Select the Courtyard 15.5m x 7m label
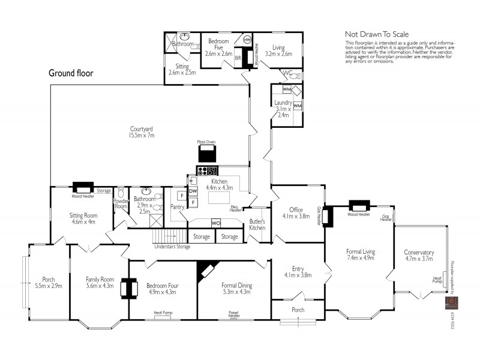click(x=142, y=132)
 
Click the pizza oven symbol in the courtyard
click(x=206, y=151)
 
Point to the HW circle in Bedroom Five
click(x=247, y=40)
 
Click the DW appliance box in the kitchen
click(x=193, y=191)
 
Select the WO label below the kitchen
click(x=216, y=223)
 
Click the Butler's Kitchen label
click(x=257, y=224)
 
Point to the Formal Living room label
click(x=360, y=254)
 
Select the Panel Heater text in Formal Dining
click(x=235, y=314)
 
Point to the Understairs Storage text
click(x=172, y=247)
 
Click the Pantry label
click(x=177, y=207)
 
